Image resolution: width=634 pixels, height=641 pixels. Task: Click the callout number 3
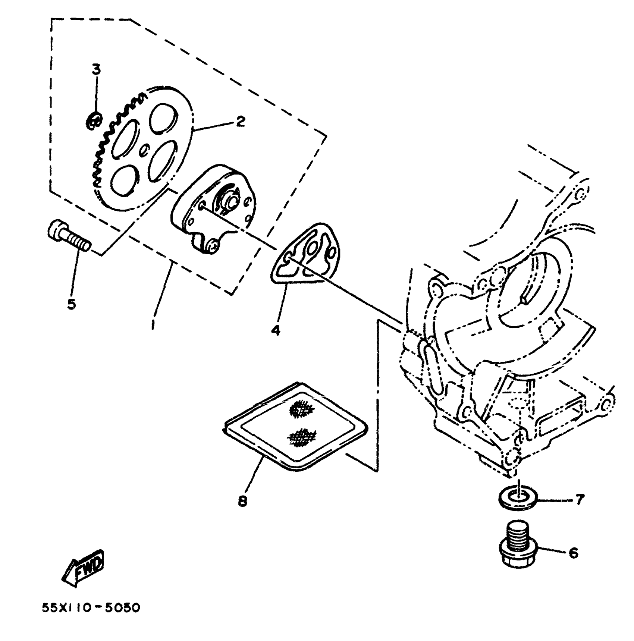97,70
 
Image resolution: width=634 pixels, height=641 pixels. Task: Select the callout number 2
240,121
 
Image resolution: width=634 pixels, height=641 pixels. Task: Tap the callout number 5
71,304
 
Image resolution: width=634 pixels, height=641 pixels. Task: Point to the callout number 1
153,324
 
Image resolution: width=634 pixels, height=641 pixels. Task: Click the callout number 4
276,330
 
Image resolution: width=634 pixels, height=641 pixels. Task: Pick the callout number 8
242,501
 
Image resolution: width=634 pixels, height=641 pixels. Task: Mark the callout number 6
573,553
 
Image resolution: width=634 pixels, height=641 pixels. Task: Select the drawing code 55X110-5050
91,608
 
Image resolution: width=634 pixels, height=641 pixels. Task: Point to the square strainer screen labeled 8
295,427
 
